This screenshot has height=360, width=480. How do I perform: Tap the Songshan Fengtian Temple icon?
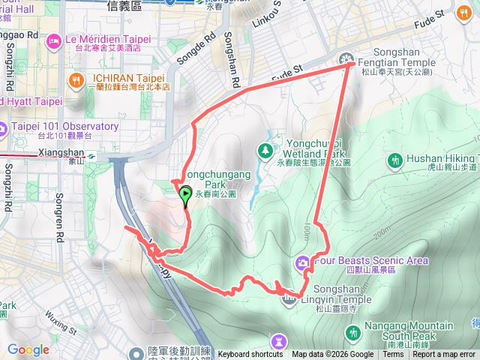pos(346,58)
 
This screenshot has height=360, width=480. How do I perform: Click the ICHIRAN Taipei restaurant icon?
pos(76,79)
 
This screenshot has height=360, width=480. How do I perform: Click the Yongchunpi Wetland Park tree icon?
pos(266,150)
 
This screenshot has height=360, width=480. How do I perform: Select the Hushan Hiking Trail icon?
pos(395,160)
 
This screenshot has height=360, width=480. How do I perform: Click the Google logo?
pos(28,349)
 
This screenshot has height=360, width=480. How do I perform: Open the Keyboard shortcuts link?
pos(250,355)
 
